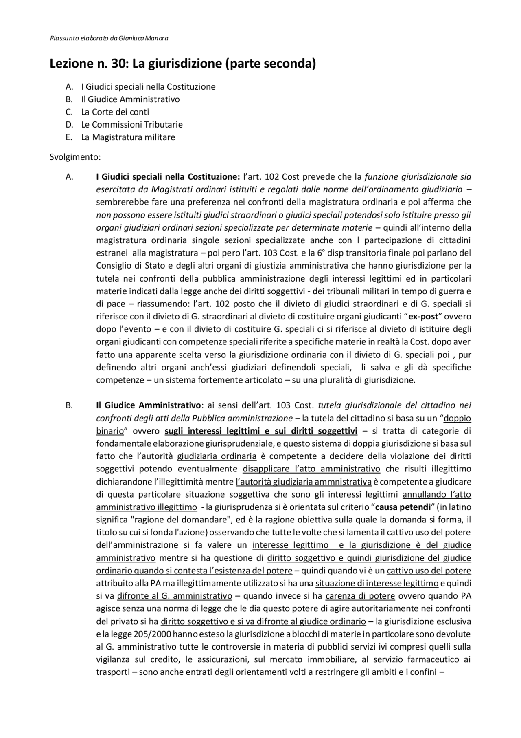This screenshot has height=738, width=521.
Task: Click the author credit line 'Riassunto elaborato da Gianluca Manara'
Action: tap(109, 39)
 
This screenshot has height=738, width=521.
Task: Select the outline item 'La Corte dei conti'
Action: tap(115, 112)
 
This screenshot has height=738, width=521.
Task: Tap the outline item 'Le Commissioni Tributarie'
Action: tap(131, 124)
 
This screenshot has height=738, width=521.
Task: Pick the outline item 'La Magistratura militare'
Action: tap(128, 137)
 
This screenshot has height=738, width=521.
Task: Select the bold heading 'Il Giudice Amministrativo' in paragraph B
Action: tap(149, 405)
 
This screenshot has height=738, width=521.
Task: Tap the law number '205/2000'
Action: tap(154, 634)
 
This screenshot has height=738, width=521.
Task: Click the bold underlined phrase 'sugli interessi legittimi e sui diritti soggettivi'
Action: tap(261, 431)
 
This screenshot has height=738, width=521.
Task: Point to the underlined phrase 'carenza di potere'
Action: tap(360, 596)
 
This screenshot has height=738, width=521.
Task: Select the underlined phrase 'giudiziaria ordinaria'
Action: tap(217, 456)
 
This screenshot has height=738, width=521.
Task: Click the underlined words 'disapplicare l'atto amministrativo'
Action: tap(311, 469)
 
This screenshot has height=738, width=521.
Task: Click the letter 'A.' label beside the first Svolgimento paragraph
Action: tap(69, 177)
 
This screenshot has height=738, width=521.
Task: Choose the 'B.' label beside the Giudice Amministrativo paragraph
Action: tap(69, 405)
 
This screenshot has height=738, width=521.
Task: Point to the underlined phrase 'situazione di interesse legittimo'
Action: tap(377, 584)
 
